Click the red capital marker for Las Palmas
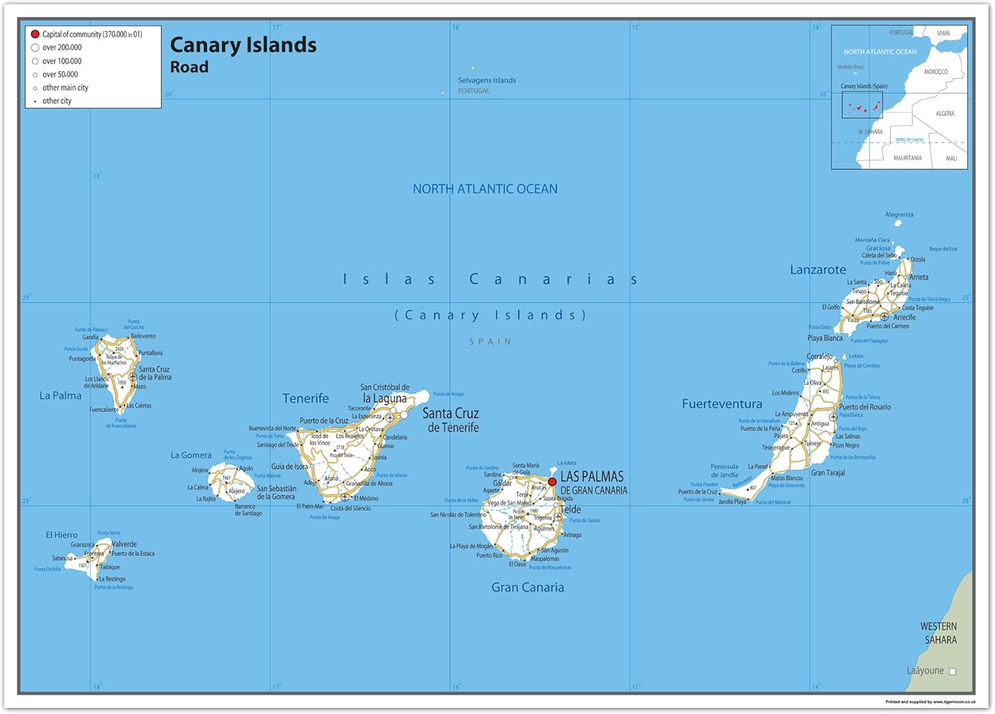552,482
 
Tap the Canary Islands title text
243,45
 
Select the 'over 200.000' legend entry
62,48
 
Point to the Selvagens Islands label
486,80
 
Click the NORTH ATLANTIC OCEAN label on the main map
485,189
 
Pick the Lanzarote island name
818,270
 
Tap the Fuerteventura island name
722,404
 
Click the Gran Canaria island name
527,587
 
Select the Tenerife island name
305,399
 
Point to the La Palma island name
60,395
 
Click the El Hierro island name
62,535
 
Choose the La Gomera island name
191,455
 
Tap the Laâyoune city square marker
953,672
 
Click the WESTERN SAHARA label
939,633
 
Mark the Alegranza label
899,214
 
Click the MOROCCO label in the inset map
935,72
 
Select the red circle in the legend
35,34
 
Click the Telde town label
570,510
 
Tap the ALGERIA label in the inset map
945,113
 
